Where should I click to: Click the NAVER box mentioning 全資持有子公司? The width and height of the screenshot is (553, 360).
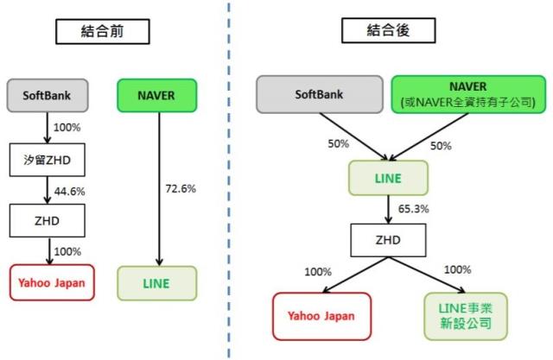467,94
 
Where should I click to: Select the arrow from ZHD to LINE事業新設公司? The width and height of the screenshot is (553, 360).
432,275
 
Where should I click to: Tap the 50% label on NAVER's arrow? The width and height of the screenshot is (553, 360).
440,145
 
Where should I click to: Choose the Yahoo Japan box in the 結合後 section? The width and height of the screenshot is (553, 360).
321,316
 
